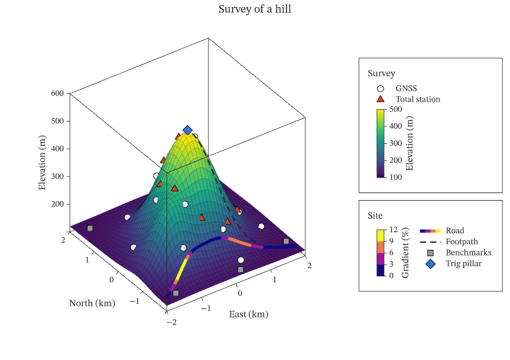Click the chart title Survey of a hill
[254, 9]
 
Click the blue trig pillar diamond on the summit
[187, 130]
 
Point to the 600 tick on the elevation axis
[57, 93]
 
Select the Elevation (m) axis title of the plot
[42, 162]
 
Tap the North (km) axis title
[92, 304]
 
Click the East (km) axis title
[248, 314]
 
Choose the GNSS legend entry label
[406, 88]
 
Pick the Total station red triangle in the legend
[380, 99]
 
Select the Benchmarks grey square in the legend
[430, 253]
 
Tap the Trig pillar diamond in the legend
[430, 264]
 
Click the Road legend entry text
[455, 231]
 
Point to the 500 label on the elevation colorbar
[396, 109]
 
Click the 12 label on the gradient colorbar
[394, 230]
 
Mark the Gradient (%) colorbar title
[405, 253]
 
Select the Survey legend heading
[381, 74]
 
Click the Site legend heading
[375, 216]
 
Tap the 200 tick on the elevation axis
[57, 204]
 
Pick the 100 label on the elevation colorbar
[396, 177]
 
